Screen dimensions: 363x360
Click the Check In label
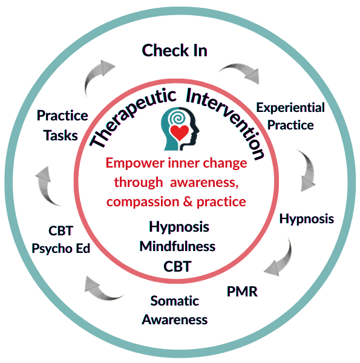(x=174, y=50)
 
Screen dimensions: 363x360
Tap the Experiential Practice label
(x=290, y=116)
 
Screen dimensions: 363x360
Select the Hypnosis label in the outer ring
(x=306, y=219)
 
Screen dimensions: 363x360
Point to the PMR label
(x=242, y=292)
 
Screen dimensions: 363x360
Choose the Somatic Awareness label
(x=175, y=310)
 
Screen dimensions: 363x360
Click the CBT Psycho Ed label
(x=61, y=240)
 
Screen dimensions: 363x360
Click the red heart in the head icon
(x=178, y=132)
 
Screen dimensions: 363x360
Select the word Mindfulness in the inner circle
(x=177, y=246)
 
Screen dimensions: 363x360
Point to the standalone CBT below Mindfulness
(x=177, y=266)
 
